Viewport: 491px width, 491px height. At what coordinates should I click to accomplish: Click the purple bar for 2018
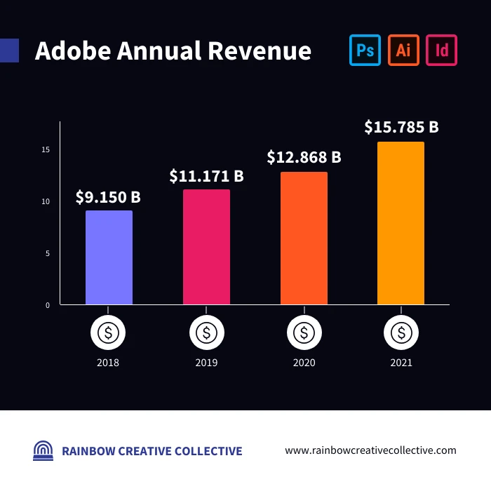(x=109, y=257)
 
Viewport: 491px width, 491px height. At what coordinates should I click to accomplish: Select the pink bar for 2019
(x=206, y=247)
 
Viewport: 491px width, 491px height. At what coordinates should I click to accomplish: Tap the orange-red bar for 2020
(x=304, y=238)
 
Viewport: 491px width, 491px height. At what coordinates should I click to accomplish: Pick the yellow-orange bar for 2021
(x=401, y=223)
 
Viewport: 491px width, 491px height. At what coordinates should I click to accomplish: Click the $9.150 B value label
(x=108, y=197)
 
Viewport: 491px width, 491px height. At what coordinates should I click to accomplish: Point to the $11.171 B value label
(x=206, y=176)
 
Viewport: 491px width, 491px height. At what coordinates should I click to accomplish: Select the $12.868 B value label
(x=304, y=157)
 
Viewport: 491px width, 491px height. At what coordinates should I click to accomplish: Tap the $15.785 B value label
(x=401, y=127)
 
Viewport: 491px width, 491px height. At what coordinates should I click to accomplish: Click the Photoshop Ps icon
(x=365, y=51)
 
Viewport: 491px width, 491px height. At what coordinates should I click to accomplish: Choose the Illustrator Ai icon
(x=403, y=51)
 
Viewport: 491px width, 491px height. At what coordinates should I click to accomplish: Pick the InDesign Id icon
(x=442, y=51)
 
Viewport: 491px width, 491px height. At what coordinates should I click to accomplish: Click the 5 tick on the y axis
(x=48, y=253)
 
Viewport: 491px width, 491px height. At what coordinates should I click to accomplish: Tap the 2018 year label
(x=108, y=363)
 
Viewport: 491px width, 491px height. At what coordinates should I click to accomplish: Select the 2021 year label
(x=401, y=363)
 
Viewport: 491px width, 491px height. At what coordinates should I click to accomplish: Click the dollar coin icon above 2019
(x=206, y=333)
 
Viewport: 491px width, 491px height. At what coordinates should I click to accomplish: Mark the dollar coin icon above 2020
(x=304, y=333)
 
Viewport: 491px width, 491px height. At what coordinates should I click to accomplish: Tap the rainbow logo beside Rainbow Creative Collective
(x=43, y=450)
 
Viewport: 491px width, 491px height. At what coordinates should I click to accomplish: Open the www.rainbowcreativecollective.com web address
(x=370, y=450)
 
